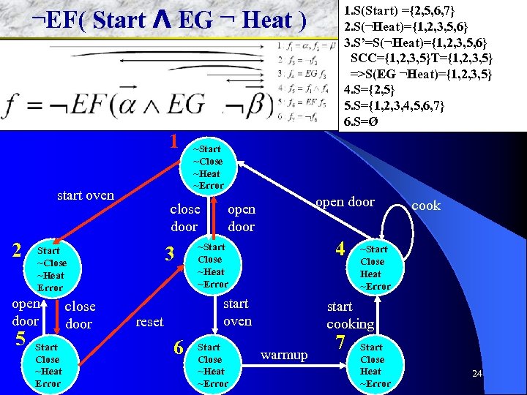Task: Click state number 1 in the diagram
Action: pos(174,140)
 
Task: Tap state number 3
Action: pos(170,254)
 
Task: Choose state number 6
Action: pos(178,346)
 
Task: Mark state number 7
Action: pos(340,341)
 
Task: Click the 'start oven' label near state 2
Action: pos(86,195)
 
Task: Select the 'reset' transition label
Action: pos(150,322)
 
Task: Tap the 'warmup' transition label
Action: pos(284,355)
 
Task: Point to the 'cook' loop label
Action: pos(426,206)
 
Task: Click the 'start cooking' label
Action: pos(350,315)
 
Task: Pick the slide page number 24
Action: pos(476,374)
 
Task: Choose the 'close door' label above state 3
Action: pos(184,218)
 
